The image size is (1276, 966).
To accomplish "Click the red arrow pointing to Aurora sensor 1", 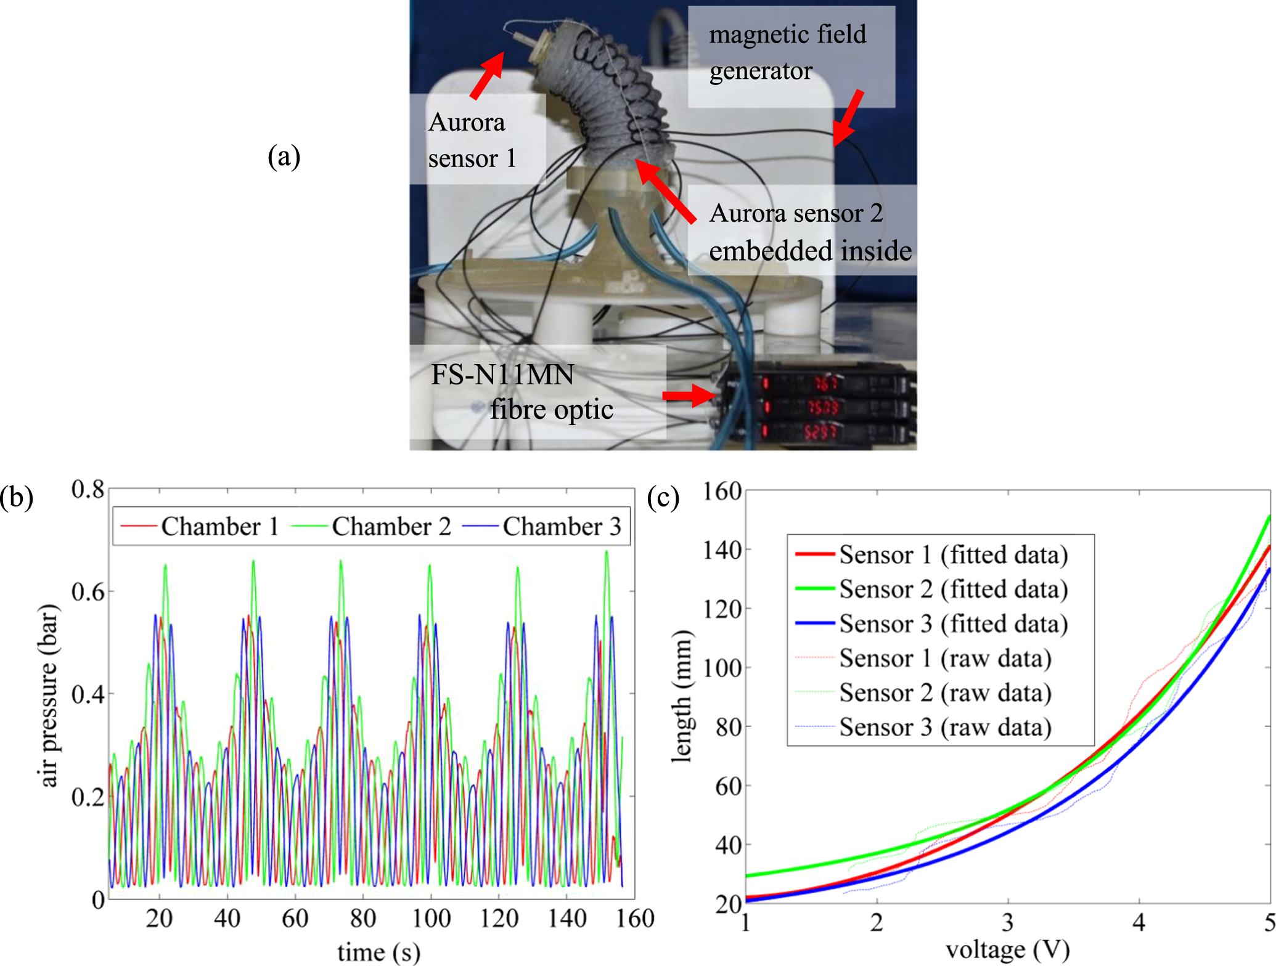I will pos(487,75).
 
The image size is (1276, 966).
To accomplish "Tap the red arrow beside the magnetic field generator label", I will pos(848,118).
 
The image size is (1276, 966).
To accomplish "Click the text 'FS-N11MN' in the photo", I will pos(502,375).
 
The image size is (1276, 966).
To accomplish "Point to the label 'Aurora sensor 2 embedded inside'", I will pos(809,232).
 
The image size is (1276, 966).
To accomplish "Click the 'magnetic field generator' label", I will pos(787,52).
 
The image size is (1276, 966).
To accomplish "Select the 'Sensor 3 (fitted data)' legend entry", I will pos(953,623).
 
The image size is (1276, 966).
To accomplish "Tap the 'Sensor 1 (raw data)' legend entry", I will pos(944,658).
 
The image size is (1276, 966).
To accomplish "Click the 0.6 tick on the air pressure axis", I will pos(88,591).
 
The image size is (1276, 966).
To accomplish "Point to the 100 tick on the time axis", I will pos(431,919).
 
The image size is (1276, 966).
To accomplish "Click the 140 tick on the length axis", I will pos(722,550).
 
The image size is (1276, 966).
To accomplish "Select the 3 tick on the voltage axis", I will pos(1007,922).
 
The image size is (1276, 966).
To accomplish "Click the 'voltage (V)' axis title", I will pos(1007,949).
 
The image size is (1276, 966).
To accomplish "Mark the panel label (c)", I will pos(663,497).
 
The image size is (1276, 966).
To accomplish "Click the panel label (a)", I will pos(284,156).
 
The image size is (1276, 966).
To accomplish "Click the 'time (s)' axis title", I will pos(378,952).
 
